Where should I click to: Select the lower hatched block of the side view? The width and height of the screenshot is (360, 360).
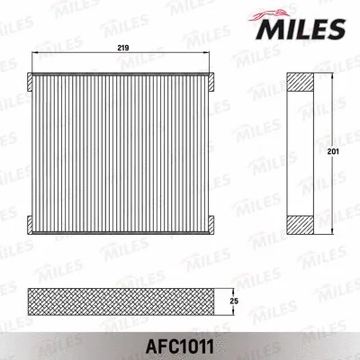[x=300, y=224]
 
